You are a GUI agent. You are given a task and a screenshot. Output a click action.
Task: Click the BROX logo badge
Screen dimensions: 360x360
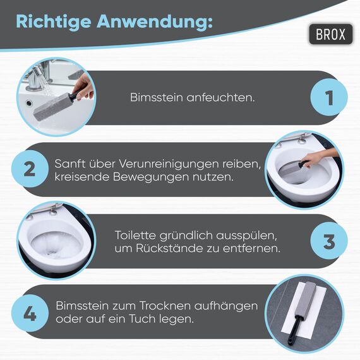pyautogui.click(x=330, y=33)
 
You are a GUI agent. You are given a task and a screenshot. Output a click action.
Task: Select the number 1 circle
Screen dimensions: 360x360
pyautogui.click(x=328, y=98)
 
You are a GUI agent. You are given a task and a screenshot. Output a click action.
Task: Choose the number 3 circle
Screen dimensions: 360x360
pyautogui.click(x=328, y=243)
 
